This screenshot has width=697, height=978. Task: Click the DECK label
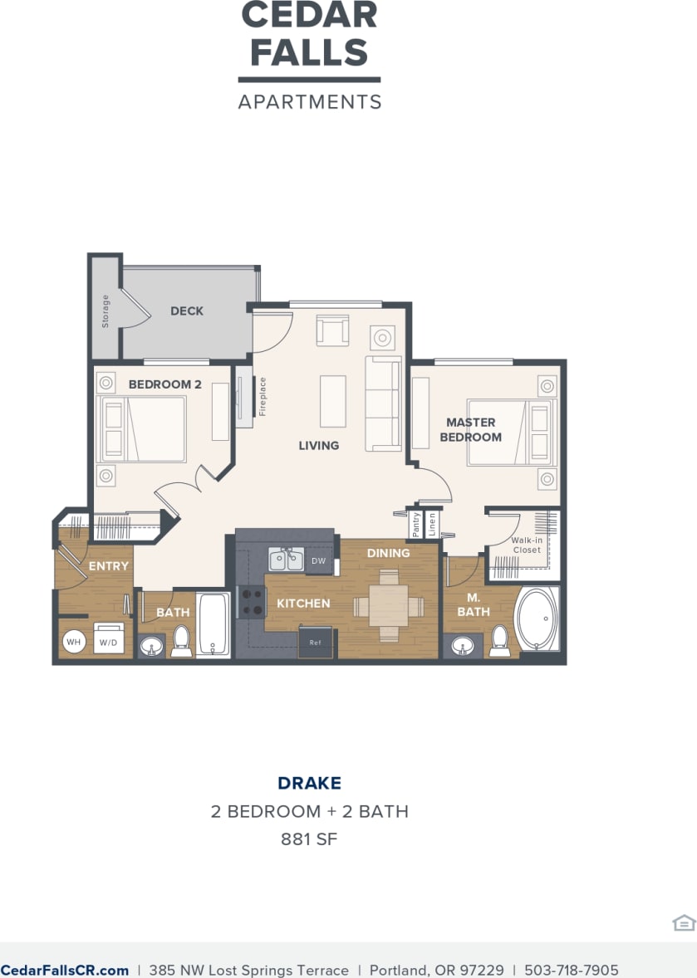tap(187, 311)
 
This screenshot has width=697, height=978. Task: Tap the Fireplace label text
tap(263, 397)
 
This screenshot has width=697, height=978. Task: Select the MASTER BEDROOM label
tap(471, 430)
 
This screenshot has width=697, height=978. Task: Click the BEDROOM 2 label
tap(165, 384)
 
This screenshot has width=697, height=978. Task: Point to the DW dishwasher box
tap(319, 561)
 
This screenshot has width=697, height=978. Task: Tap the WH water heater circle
tap(74, 642)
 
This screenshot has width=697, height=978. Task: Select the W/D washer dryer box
tap(109, 641)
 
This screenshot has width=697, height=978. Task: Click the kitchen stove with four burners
tap(251, 602)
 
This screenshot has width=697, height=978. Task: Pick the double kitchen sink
tap(286, 560)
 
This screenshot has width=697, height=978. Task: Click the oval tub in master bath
tap(538, 619)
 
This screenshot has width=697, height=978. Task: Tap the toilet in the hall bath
tap(182, 642)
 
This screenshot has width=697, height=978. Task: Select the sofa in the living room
tap(384, 403)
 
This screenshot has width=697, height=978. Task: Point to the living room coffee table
tap(333, 401)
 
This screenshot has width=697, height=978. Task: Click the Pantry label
tap(416, 524)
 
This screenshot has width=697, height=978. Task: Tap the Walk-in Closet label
tap(527, 545)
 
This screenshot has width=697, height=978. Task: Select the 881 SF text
tap(309, 839)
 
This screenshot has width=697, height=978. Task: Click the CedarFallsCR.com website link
tap(65, 970)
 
